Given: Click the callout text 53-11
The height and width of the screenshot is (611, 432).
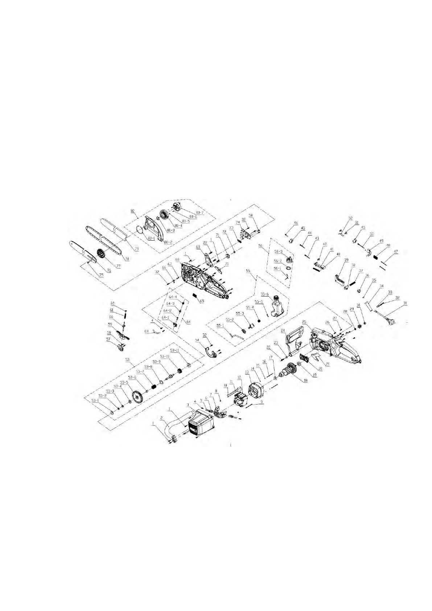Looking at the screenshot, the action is point(174,350).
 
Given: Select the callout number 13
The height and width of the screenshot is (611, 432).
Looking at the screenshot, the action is point(247,372).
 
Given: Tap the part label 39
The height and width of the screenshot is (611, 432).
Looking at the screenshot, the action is point(346,260).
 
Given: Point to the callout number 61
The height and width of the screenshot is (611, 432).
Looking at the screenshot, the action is point(112,310).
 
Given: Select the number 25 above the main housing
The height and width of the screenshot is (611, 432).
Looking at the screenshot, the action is point(304,322).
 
